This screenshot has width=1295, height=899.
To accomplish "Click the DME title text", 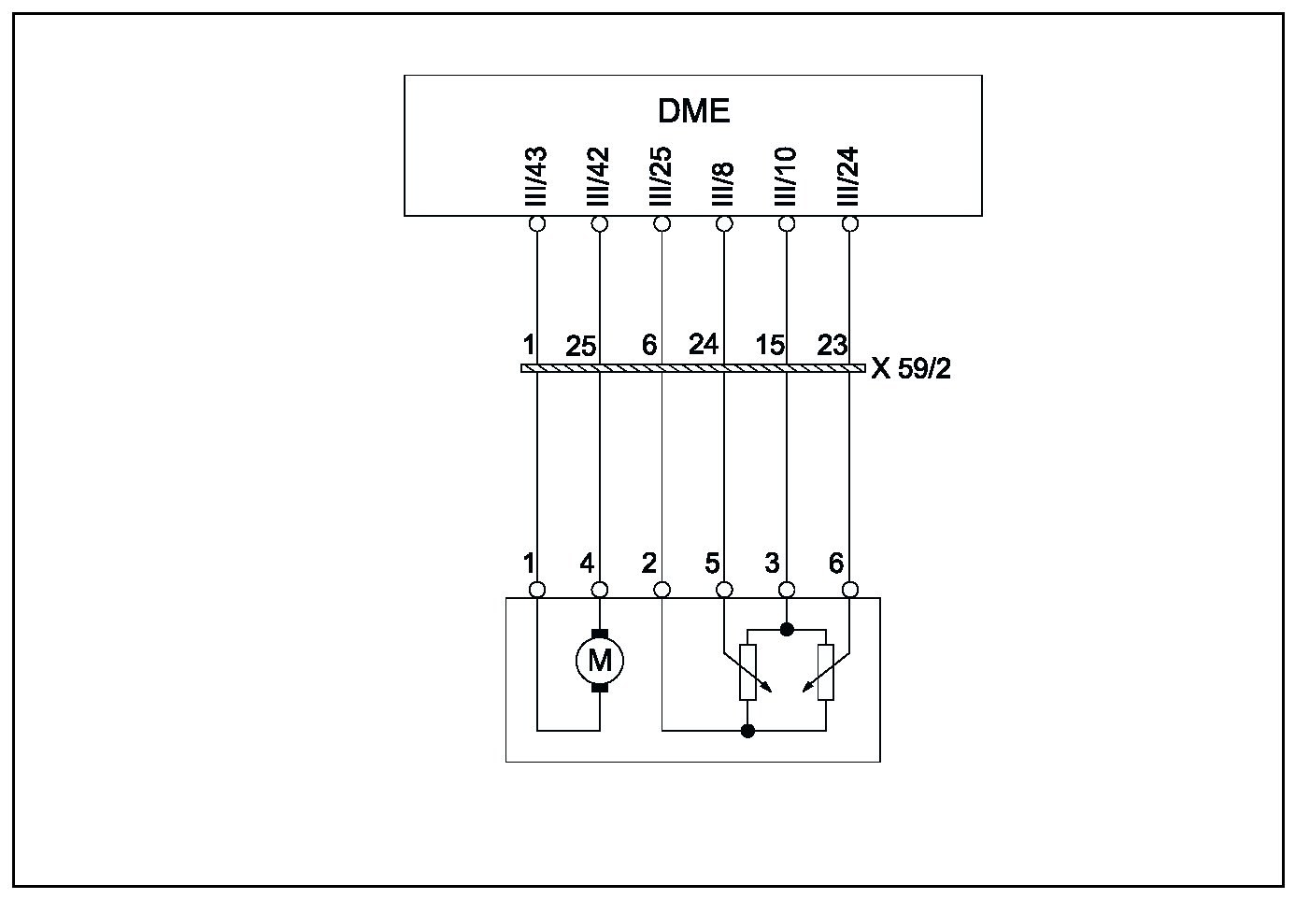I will [693, 111].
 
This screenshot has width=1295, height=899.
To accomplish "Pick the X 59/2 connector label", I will [910, 369].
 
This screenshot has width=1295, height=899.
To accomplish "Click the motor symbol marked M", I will [599, 661].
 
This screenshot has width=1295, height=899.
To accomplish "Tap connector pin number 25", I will [580, 347].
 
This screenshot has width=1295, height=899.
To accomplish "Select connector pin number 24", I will [703, 345].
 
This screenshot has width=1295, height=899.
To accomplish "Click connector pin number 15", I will [769, 345].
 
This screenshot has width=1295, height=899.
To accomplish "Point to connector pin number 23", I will [832, 345].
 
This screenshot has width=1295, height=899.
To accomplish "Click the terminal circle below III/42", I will [600, 224].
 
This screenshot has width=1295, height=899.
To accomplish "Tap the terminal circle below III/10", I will [787, 224].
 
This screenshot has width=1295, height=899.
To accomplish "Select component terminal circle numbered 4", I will [600, 590].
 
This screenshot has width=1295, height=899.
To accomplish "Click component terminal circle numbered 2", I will [662, 590].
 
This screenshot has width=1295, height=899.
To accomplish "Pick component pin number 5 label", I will [712, 564].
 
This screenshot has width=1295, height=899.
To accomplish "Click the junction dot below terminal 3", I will [787, 629].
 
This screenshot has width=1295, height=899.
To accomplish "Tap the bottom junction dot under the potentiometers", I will [747, 730].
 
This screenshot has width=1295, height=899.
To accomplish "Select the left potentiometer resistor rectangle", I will [747, 672].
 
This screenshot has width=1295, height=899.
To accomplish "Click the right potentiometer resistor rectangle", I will [825, 672].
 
